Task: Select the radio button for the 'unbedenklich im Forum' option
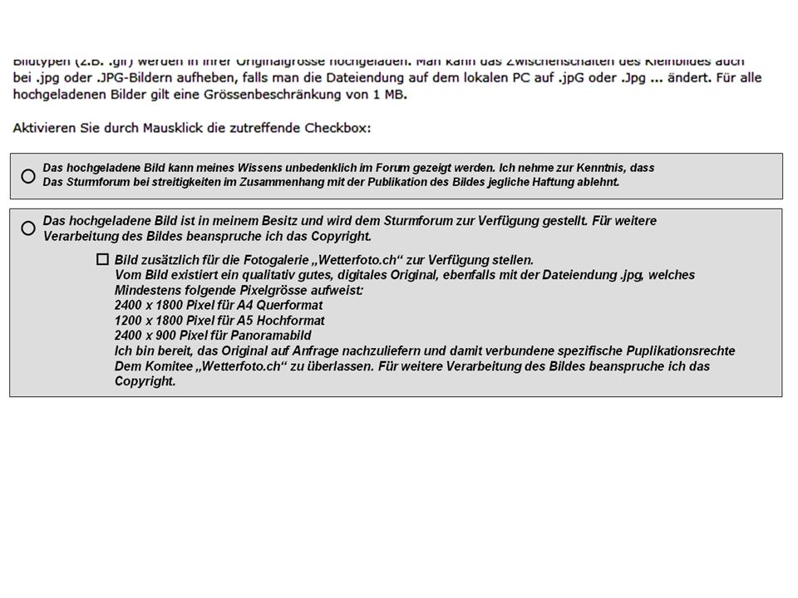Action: (28, 176)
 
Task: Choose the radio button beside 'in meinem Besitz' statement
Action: (28, 228)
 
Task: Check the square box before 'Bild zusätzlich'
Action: (102, 259)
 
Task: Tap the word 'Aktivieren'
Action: (42, 129)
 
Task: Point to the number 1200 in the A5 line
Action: (130, 321)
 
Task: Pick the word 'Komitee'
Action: (163, 366)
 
